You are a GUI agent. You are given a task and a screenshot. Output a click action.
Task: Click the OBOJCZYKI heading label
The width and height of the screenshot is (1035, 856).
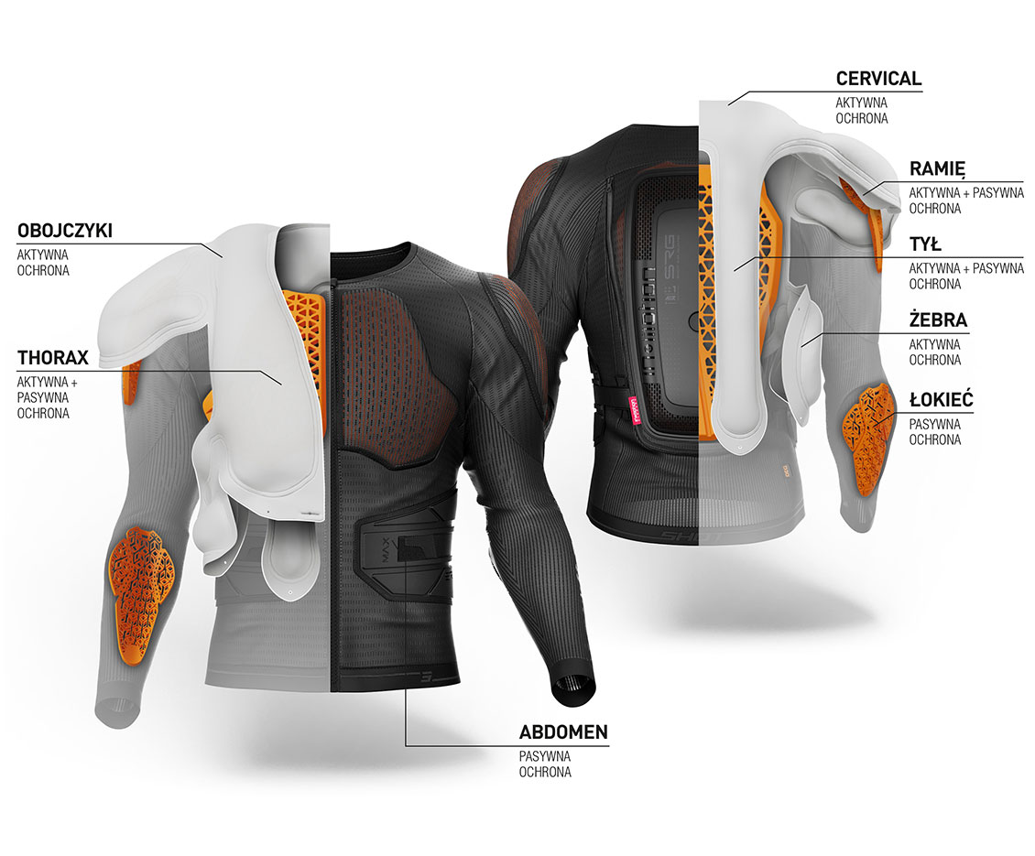(x=65, y=231)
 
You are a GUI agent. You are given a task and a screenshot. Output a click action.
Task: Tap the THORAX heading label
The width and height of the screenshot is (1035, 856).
(x=53, y=358)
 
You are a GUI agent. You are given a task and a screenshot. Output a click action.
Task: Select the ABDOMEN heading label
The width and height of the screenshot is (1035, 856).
(x=563, y=731)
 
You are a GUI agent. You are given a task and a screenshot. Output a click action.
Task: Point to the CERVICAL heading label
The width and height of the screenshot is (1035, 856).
(x=878, y=79)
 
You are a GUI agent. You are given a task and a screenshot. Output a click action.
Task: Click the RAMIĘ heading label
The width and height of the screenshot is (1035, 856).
(x=937, y=169)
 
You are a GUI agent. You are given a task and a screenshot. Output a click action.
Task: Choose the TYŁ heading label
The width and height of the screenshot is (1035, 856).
(x=925, y=244)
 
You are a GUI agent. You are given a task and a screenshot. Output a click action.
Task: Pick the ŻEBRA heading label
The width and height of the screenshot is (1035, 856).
(x=938, y=320)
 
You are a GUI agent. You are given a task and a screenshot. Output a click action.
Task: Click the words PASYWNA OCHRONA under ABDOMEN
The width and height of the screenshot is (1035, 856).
(x=545, y=764)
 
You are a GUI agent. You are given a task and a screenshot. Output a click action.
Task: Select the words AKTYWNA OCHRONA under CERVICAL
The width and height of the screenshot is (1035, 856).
(x=861, y=111)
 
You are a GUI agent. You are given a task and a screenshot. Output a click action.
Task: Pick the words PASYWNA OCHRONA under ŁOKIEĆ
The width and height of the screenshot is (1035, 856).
(x=934, y=431)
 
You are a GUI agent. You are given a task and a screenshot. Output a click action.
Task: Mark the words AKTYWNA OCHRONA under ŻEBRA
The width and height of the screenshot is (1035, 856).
(x=934, y=352)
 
